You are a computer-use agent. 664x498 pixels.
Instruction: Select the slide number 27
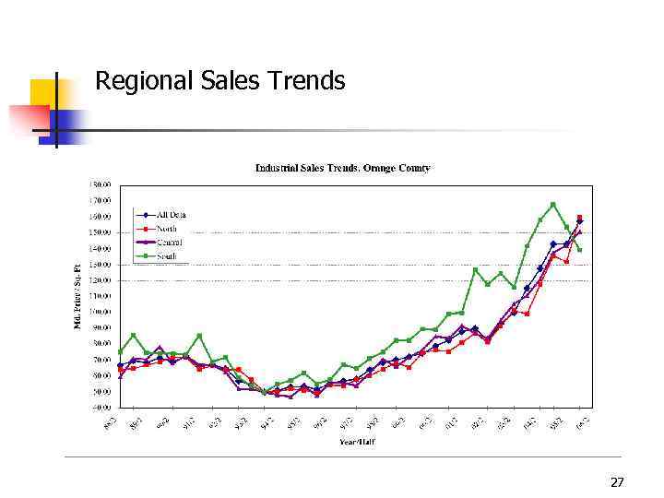(x=617, y=482)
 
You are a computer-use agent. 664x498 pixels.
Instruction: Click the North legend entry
(x=166, y=229)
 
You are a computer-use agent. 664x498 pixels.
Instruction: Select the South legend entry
(x=166, y=255)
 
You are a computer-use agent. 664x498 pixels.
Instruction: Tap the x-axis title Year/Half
(x=355, y=441)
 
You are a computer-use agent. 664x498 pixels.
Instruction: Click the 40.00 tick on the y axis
(x=101, y=407)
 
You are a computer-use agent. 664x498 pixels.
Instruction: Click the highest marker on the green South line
(x=553, y=204)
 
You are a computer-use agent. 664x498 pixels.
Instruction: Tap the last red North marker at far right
(x=579, y=218)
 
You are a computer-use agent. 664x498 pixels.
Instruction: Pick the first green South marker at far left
(x=120, y=351)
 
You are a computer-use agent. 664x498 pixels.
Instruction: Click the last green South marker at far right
(x=579, y=250)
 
